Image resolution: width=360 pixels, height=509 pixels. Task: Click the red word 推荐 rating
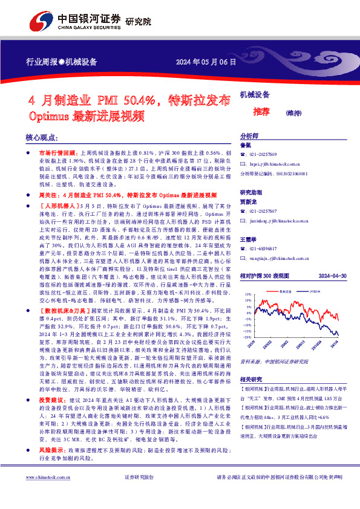pos(261,111)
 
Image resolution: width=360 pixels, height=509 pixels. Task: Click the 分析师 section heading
pos(249,135)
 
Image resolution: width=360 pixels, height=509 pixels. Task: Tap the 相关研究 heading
pos(251,378)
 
